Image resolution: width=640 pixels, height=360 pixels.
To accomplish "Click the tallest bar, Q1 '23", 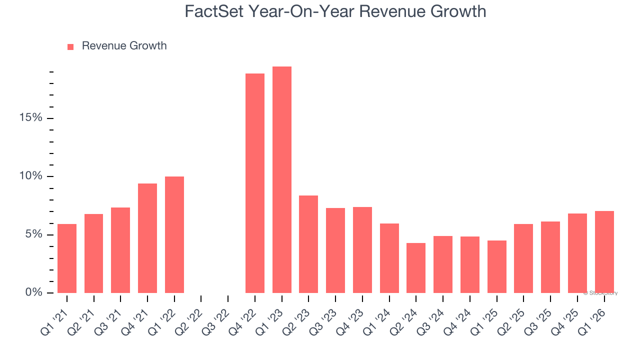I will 281,180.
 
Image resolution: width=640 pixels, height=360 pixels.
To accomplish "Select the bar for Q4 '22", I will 255,183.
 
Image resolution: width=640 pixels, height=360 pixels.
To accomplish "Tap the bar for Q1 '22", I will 174,235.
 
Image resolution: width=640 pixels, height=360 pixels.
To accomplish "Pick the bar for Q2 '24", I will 416,268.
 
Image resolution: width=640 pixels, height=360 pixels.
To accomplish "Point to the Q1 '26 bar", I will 604,252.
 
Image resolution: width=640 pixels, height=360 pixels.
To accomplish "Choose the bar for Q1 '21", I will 67,258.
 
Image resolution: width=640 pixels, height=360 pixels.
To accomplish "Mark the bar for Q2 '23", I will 308,244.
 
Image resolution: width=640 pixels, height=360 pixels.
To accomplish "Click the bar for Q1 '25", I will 496,266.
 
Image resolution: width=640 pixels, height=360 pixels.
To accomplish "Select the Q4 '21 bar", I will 147,238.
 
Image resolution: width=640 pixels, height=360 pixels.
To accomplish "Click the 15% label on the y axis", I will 31,118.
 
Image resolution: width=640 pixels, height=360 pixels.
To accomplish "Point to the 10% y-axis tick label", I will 31,176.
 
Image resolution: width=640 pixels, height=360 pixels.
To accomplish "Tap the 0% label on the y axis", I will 33,292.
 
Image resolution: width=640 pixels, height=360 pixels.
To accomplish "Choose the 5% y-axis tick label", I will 33,234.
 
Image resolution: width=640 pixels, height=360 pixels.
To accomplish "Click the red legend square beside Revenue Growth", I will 70,46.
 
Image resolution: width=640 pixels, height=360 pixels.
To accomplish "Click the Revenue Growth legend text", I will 124,46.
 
